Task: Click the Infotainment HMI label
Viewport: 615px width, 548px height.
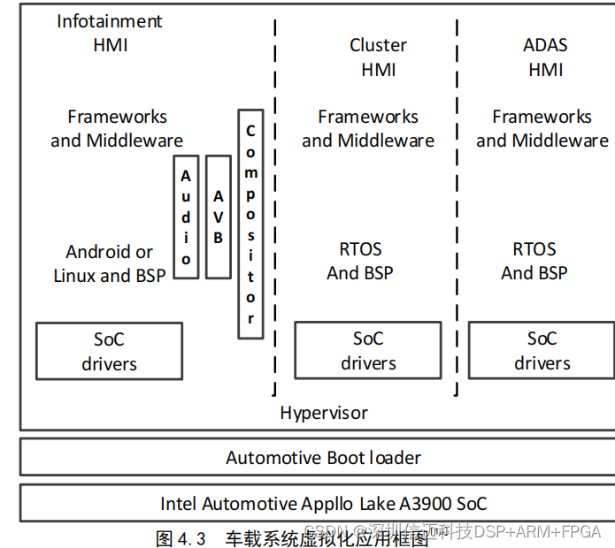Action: coord(110,33)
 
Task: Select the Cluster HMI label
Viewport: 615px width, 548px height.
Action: coord(378,57)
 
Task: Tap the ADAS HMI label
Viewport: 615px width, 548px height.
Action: coord(545,57)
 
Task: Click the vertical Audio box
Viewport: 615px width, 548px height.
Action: coord(186,217)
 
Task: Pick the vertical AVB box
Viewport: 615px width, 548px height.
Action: coord(218,217)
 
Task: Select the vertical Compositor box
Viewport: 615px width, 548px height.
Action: coord(250,225)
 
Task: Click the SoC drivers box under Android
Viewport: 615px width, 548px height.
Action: coord(109,351)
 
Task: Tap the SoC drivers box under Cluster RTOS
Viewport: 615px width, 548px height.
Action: coord(367,350)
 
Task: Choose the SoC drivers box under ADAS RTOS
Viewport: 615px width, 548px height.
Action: coord(542,350)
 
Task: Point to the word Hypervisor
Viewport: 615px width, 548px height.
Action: coord(324,413)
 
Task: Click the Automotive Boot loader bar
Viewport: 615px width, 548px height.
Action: coord(323,458)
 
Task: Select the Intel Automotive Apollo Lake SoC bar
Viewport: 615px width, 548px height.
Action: coord(323,504)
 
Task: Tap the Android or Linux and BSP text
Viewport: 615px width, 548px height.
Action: coord(109,263)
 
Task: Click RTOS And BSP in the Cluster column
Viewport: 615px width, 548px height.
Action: coord(360,261)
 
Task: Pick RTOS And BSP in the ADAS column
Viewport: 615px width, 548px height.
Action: coord(534,261)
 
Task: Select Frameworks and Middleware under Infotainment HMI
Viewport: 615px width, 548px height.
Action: coord(117,128)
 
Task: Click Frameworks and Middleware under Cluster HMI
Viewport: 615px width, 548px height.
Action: coord(367,128)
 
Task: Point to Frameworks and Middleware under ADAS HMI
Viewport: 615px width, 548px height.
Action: coord(542,128)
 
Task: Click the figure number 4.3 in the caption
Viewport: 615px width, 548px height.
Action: coord(192,538)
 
